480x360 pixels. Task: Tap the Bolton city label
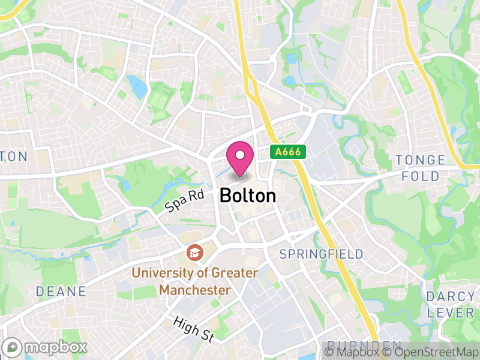(248, 196)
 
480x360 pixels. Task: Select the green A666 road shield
(289, 152)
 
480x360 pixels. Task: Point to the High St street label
(193, 330)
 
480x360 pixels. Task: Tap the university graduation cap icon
(194, 253)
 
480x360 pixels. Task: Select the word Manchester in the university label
(195, 290)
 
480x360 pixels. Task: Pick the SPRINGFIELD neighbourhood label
(322, 254)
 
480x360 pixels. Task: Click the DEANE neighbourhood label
(61, 292)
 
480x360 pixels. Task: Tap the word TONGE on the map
(421, 160)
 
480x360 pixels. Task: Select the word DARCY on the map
(451, 297)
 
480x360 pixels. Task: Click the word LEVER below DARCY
(451, 313)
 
